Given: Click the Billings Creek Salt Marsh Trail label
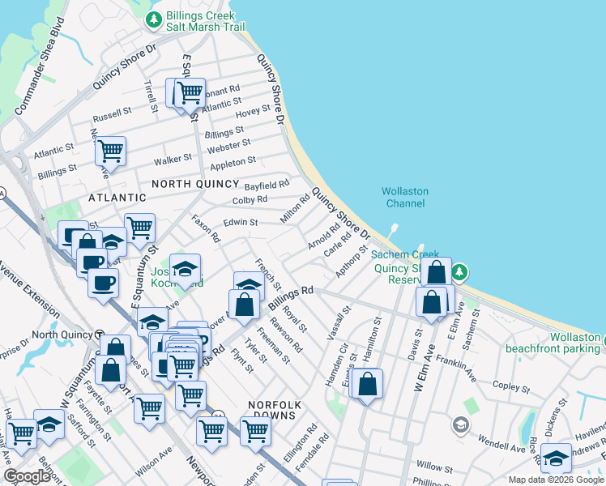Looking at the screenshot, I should pos(205,21).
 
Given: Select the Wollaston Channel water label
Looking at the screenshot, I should pos(405,197).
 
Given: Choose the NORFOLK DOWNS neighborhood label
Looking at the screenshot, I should pos(275,409).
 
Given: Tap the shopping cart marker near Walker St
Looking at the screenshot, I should pos(110,151).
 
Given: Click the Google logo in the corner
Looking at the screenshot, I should pos(27,476).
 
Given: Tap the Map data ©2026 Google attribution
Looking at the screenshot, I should pos(555,480).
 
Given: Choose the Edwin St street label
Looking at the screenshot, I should pos(241,222).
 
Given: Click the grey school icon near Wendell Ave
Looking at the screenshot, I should pos(460,424).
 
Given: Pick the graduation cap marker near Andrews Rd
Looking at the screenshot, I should pos(556,458).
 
